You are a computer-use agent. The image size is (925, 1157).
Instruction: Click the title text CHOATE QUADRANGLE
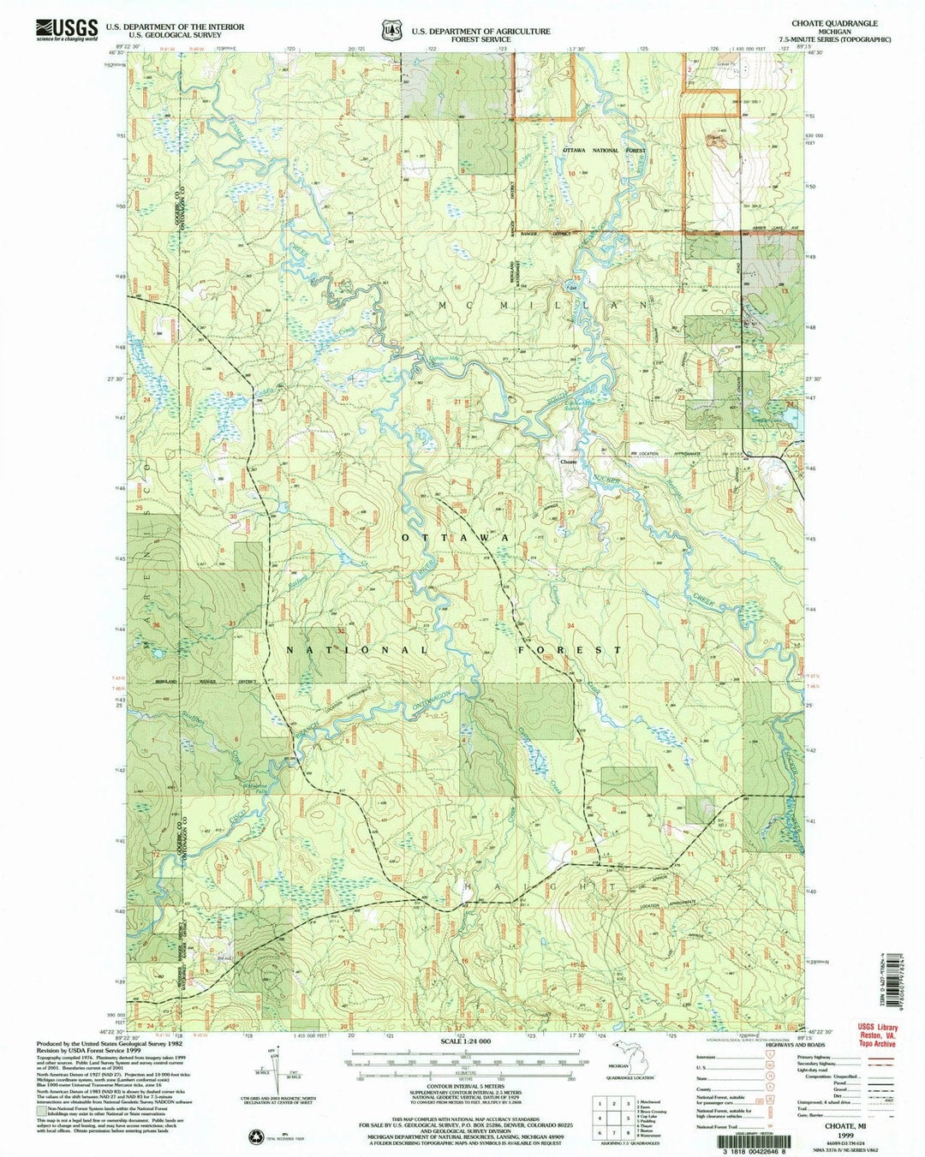pyautogui.click(x=835, y=24)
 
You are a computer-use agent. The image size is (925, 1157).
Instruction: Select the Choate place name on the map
pyautogui.click(x=569, y=462)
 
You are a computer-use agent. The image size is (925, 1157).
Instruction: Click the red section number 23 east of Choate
pyautogui.click(x=682, y=397)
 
